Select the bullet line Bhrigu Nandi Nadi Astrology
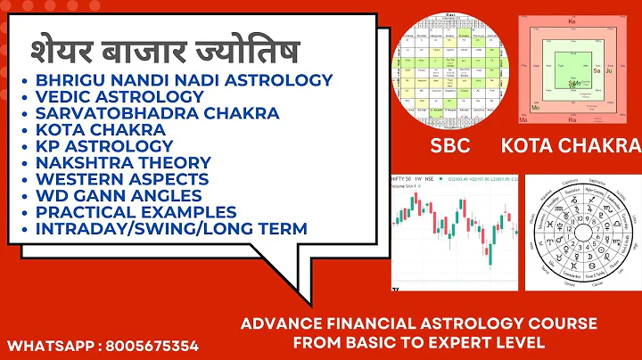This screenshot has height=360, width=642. tap(185, 80)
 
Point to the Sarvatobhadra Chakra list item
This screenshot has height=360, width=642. tap(158, 113)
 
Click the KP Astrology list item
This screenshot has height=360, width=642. tap(104, 146)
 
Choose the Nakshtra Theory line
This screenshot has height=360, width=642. tap(123, 162)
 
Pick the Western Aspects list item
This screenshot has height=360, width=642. tap(122, 179)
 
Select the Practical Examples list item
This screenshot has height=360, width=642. tap(136, 212)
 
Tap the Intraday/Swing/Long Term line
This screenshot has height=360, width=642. tap(172, 228)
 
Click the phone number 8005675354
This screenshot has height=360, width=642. tap(154, 344)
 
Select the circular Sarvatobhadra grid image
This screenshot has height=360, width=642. tap(450, 68)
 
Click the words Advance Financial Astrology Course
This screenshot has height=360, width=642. tap(419, 323)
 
